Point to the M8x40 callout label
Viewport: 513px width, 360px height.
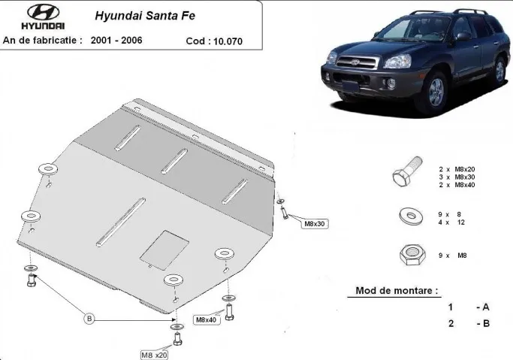(x=206, y=320)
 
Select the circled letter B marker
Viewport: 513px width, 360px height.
(x=89, y=319)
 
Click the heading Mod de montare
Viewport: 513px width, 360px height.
(x=396, y=290)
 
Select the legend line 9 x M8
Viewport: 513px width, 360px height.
(x=452, y=256)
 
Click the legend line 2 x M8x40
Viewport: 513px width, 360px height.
(x=457, y=185)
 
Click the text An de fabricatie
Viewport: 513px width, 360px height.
(x=43, y=40)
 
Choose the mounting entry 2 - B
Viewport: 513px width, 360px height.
(x=469, y=323)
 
